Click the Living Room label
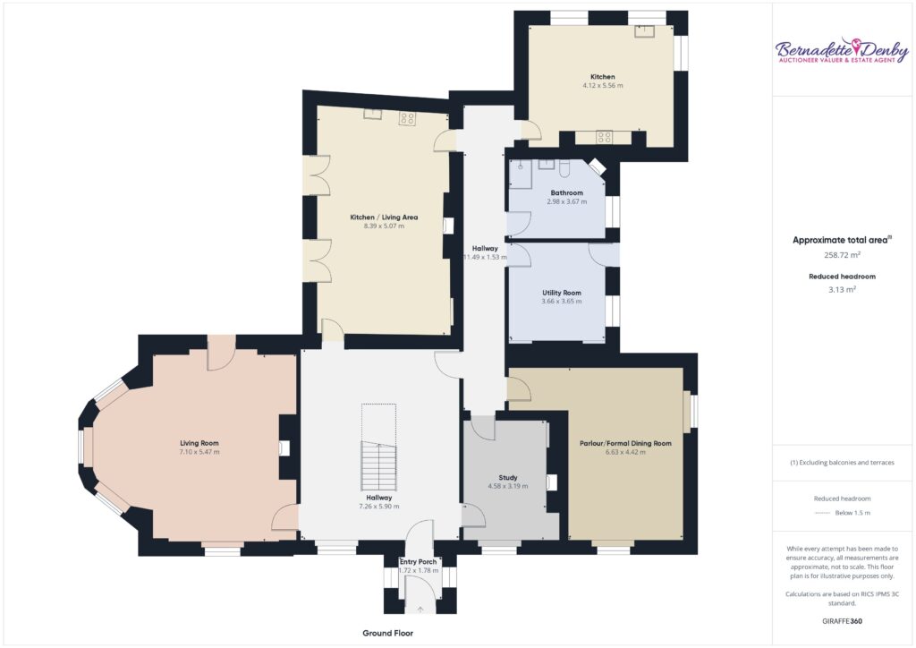click(199, 443)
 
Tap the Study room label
click(508, 477)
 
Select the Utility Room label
click(562, 293)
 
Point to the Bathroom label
click(566, 192)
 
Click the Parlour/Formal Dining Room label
click(625, 444)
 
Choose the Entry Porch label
click(419, 561)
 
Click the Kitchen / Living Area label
click(384, 217)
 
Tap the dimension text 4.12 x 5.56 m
click(602, 85)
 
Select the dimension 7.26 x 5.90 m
click(379, 507)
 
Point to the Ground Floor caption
click(388, 633)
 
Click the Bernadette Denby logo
click(842, 51)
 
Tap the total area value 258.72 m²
click(842, 255)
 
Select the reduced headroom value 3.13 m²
click(842, 289)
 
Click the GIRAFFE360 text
click(842, 621)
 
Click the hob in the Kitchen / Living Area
click(407, 119)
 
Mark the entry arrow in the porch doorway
click(420, 610)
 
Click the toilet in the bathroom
click(565, 168)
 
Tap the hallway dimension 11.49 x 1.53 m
click(486, 257)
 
